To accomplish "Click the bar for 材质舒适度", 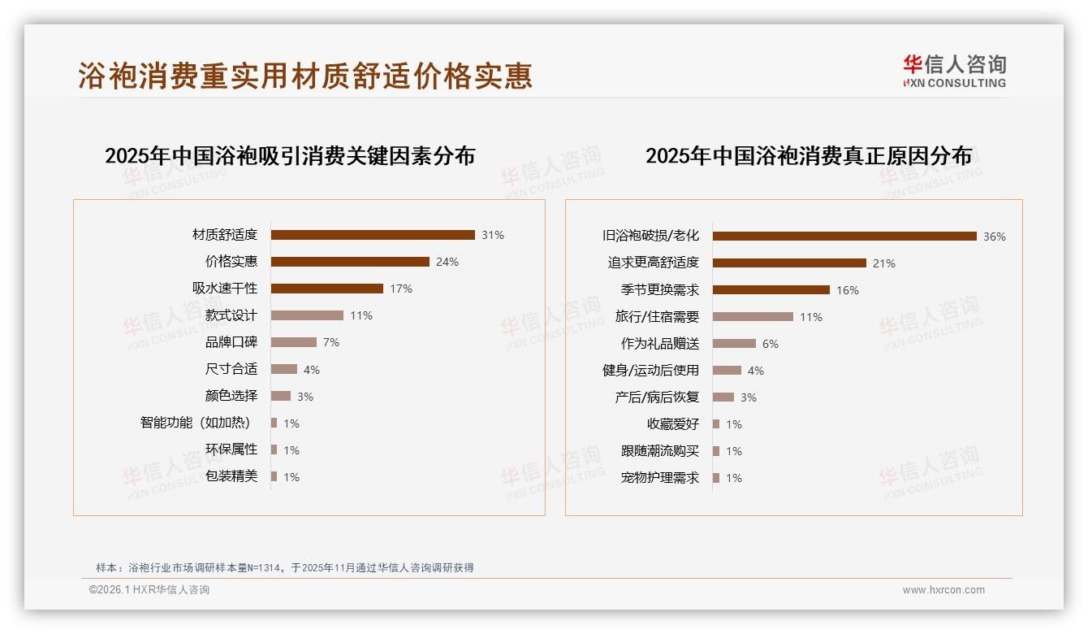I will [x=373, y=235].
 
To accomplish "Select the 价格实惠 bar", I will [x=350, y=262].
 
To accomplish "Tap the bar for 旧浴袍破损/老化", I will [x=844, y=237].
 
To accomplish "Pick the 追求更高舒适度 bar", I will [x=789, y=263].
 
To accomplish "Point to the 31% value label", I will [x=493, y=235].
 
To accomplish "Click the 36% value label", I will [x=995, y=237].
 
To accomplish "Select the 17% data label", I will [x=401, y=289].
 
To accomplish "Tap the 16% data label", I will [x=848, y=290].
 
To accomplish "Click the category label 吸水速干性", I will [x=225, y=289].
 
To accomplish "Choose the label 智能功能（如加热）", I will [x=196, y=423].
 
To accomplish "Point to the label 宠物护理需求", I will [x=660, y=478].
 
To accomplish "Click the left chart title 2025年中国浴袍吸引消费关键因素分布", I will [x=290, y=156].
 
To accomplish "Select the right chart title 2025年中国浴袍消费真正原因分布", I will [x=809, y=156].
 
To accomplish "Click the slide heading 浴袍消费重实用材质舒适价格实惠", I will [x=305, y=76].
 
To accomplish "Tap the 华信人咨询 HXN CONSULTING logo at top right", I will [x=954, y=72].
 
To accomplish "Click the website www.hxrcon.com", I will [x=943, y=590].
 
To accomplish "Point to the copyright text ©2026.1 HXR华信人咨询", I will [x=149, y=590].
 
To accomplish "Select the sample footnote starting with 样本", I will [x=285, y=568].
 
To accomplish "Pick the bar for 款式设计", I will [x=307, y=315].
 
